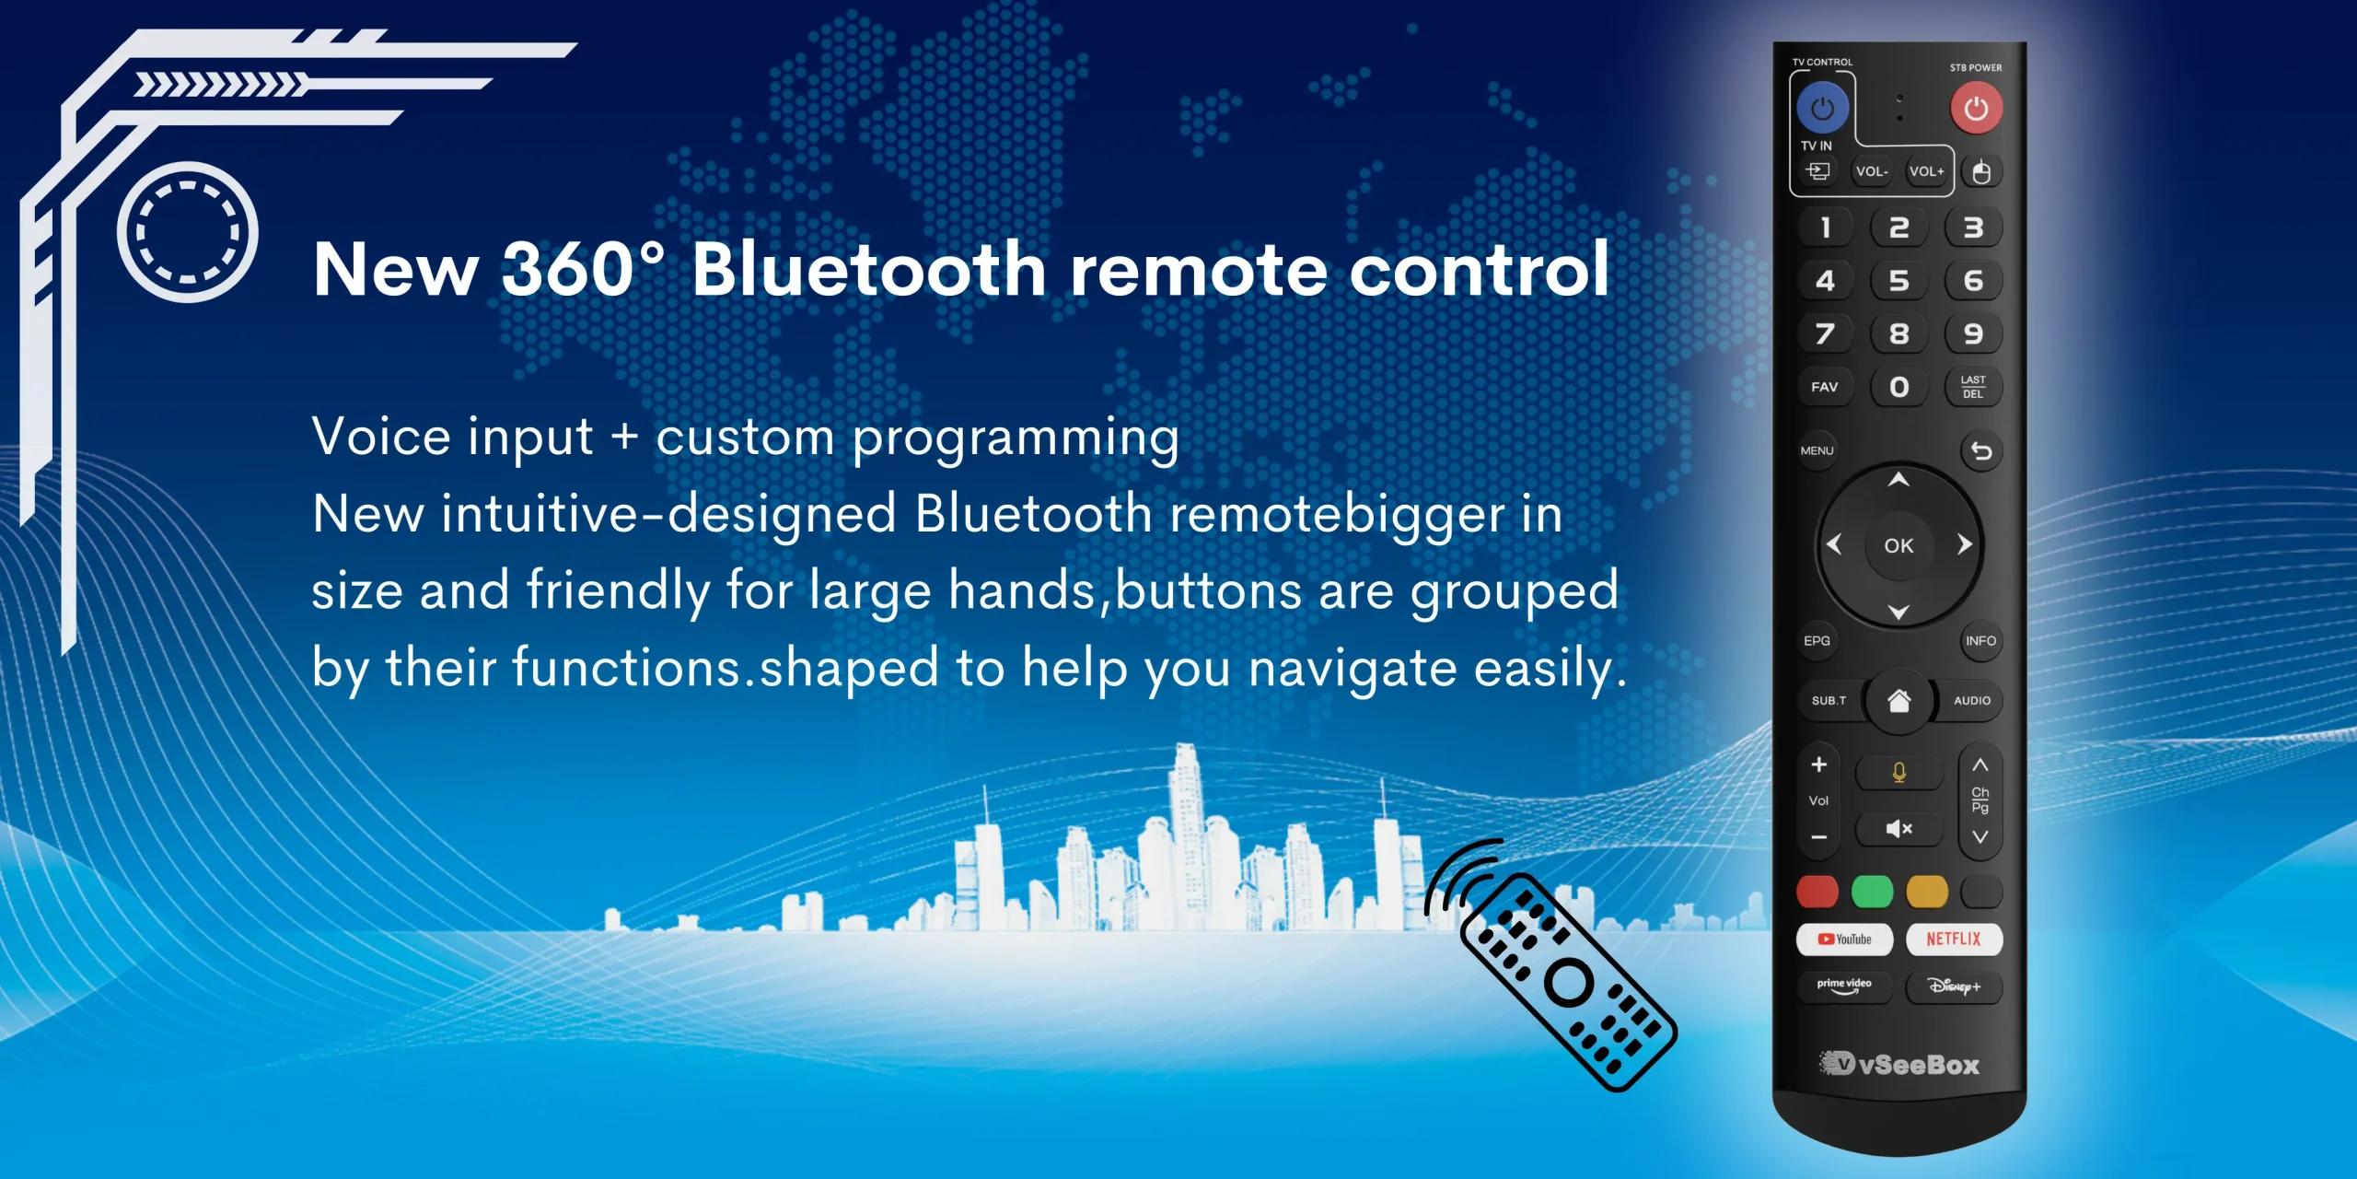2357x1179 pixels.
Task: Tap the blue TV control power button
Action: (x=1822, y=109)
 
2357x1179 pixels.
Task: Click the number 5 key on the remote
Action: (x=1898, y=281)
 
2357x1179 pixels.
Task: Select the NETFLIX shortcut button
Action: (x=1954, y=940)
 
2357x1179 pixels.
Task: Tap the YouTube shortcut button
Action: (x=1844, y=940)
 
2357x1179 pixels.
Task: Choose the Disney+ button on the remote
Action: (x=1954, y=986)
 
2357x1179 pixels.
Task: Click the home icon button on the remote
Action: (x=1898, y=702)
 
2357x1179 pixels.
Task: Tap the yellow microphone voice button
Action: (x=1898, y=773)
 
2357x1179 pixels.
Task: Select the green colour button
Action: (x=1872, y=892)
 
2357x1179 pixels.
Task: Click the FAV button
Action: (x=1824, y=387)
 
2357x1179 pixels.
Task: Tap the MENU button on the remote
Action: (x=1817, y=450)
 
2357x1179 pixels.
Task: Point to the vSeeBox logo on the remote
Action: (x=1898, y=1065)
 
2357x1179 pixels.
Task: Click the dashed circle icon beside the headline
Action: (x=188, y=232)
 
